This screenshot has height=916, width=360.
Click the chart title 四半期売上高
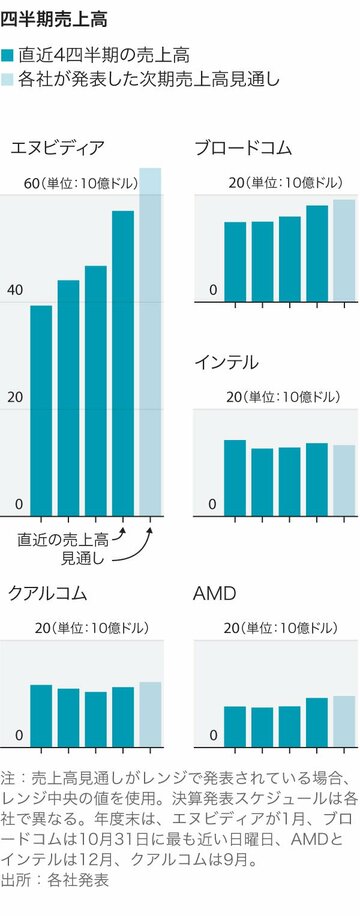click(55, 18)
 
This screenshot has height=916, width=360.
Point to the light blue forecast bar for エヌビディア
click(150, 340)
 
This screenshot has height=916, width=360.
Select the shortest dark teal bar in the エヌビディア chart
click(41, 409)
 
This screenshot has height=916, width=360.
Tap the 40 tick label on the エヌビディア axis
click(13, 290)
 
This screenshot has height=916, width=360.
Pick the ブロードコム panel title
click(243, 148)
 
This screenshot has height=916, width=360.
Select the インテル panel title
click(226, 361)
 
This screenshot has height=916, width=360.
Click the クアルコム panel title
click(47, 594)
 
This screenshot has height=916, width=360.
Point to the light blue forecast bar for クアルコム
click(150, 714)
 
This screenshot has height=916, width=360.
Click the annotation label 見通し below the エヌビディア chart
click(83, 557)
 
